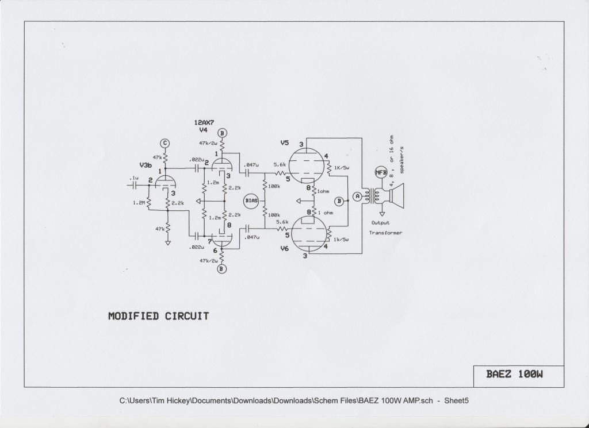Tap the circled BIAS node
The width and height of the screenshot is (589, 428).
[x=252, y=200]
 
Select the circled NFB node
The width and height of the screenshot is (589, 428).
[x=381, y=172]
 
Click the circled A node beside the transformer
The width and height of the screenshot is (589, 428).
[x=357, y=196]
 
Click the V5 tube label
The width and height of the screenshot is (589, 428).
[x=285, y=143]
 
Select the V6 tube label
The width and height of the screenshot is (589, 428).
[x=285, y=248]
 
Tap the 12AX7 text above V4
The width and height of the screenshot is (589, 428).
[x=204, y=122]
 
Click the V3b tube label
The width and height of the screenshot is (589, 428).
[x=146, y=165]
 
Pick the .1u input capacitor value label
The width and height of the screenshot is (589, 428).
[x=133, y=178]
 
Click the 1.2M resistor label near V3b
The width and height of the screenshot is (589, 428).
[x=139, y=203]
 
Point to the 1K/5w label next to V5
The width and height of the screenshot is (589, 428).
[x=342, y=168]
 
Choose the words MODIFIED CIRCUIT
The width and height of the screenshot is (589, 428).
[x=159, y=316]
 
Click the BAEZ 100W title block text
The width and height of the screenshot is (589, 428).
[x=515, y=374]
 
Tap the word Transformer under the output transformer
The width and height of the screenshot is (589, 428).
[x=385, y=233]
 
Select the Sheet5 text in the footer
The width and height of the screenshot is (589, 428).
[x=456, y=400]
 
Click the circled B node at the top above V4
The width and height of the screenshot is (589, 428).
[x=222, y=133]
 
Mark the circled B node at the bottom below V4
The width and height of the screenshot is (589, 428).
[x=222, y=269]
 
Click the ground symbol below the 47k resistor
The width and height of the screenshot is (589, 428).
[x=168, y=242]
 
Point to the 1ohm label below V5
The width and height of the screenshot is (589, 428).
[x=323, y=191]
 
